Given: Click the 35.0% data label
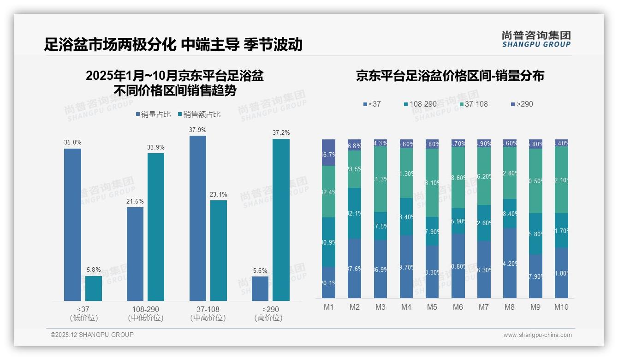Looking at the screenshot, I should (72, 143).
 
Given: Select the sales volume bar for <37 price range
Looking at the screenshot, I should (72, 225).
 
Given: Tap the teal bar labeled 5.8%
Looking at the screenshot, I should (94, 288).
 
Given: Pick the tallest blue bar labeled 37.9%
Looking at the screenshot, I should (198, 218).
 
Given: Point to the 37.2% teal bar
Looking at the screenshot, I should (281, 220).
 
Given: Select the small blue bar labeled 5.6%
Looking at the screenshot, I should (260, 289).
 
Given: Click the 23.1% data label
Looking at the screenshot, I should (219, 194).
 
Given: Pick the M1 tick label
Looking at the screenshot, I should (328, 307).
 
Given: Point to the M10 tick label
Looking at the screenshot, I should (561, 307).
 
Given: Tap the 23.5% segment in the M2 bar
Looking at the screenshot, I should (354, 169).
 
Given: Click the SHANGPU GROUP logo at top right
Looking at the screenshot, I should (536, 39).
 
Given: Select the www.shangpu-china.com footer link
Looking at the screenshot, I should (537, 335).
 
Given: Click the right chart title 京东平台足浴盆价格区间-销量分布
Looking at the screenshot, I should (450, 76).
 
